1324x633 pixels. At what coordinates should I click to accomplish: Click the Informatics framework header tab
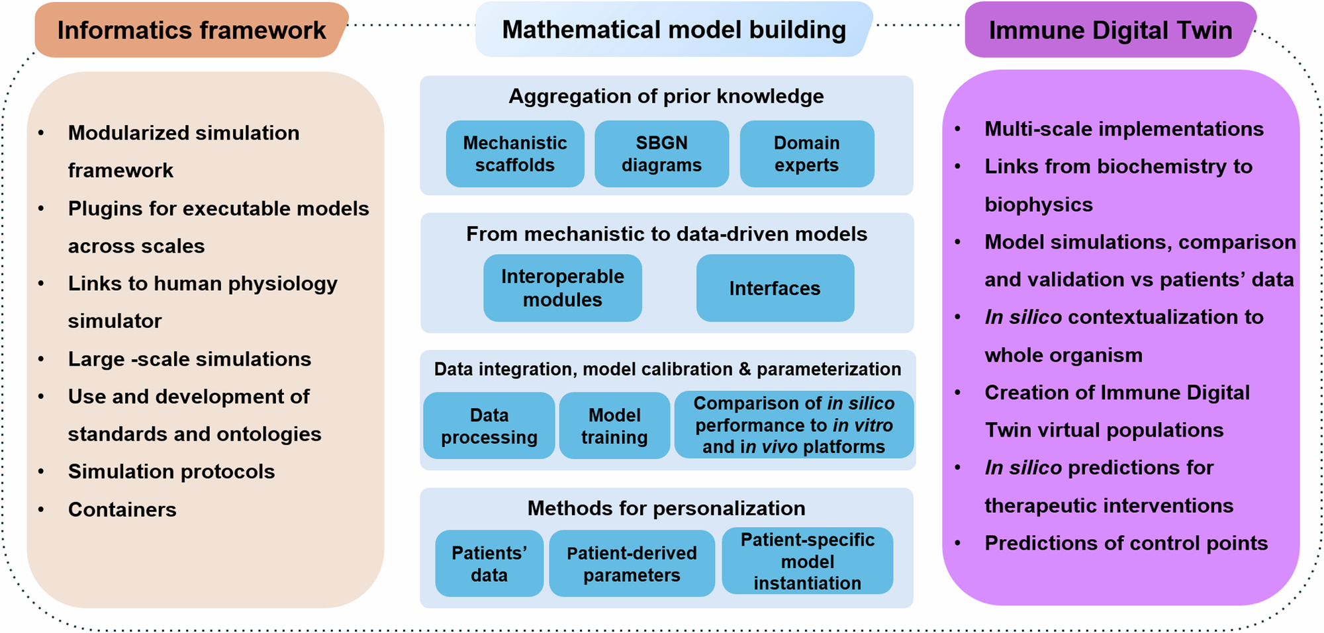tap(191, 30)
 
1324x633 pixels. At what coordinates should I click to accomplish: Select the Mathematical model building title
tap(673, 30)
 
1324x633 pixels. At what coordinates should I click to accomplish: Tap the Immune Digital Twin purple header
tap(1110, 30)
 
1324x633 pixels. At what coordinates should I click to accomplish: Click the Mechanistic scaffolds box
tap(514, 154)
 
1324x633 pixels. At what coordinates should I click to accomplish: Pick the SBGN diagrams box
tap(661, 154)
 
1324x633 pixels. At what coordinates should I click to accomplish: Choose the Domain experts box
tap(806, 154)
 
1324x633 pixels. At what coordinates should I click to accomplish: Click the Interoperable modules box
tap(562, 288)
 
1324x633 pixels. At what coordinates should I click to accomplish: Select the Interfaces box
tap(775, 288)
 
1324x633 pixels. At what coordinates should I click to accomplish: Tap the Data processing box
tap(489, 426)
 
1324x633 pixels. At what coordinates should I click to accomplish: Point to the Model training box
tap(614, 426)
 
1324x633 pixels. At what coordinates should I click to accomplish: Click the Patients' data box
tap(489, 564)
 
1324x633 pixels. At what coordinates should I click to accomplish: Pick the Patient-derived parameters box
tap(632, 564)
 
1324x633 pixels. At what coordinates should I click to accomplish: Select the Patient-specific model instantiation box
tap(807, 561)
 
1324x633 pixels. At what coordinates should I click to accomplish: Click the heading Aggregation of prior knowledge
tap(666, 97)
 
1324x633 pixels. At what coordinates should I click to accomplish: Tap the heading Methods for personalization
tap(666, 508)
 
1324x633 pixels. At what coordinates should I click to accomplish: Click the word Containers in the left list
tap(122, 509)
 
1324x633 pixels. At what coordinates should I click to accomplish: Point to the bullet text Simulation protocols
tap(171, 472)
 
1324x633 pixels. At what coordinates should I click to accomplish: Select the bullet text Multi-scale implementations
tap(1124, 129)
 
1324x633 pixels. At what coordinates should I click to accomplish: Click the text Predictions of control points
tap(1126, 543)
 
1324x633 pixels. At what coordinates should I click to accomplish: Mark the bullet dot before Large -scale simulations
tap(42, 360)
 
